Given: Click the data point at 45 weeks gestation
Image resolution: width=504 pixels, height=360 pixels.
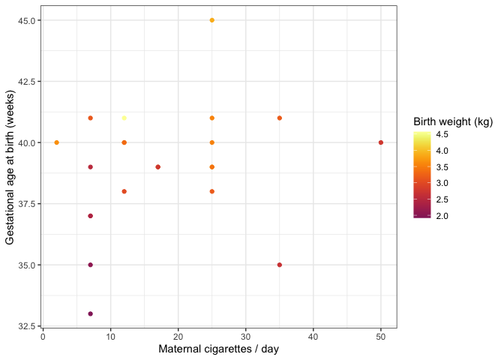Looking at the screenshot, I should tap(212, 20).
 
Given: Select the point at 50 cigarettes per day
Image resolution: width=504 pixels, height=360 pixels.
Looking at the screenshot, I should tap(381, 142).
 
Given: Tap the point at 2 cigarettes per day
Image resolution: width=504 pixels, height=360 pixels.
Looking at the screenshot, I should tap(57, 142).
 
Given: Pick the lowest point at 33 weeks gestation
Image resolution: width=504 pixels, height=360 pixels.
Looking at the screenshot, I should tap(91, 313).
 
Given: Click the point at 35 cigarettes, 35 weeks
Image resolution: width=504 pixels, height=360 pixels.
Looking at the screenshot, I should tap(280, 265).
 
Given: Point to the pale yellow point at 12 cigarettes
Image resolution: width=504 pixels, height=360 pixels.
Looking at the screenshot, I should tap(124, 118).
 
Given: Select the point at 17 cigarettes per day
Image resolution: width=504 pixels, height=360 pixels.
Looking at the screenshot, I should tap(157, 166).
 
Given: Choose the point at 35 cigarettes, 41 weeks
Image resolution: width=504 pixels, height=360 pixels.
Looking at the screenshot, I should tap(280, 118).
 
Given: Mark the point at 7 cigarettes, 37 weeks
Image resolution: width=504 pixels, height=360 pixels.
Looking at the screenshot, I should tap(91, 216).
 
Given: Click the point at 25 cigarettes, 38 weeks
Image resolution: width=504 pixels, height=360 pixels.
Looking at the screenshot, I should tap(212, 191).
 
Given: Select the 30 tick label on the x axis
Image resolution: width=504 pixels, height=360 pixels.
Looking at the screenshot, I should tap(246, 336).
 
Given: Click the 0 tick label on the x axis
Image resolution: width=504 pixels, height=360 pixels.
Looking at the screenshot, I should tap(43, 336).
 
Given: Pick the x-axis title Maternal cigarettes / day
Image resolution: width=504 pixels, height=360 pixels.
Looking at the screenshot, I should tap(219, 349).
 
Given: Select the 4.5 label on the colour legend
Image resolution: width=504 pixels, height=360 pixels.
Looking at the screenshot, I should tap(443, 135).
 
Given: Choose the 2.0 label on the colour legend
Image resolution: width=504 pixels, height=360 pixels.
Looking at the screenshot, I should tap(443, 216).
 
